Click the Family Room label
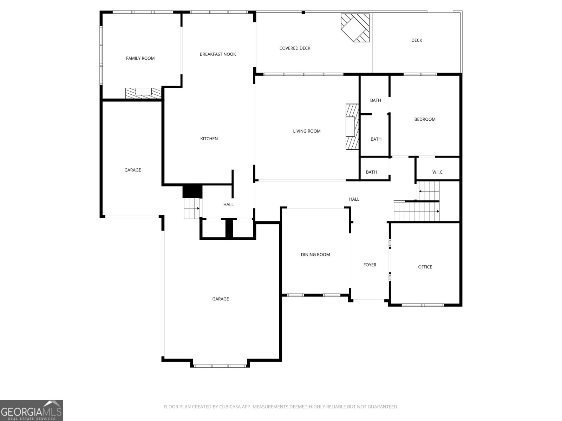(x=140, y=58)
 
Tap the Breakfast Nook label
(x=217, y=54)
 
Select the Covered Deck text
(x=295, y=48)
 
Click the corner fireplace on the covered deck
(x=355, y=27)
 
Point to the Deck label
(x=417, y=40)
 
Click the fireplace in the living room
(x=352, y=127)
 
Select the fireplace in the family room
(x=143, y=93)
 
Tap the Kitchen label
(x=209, y=139)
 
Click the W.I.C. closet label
(x=438, y=172)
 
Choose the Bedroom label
(x=425, y=119)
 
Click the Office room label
(x=425, y=267)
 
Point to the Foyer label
(x=370, y=265)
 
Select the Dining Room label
(x=315, y=255)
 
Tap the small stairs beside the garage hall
(x=191, y=208)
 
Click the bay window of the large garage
(x=220, y=366)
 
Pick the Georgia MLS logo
(x=31, y=410)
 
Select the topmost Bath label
(x=375, y=100)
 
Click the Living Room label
(x=307, y=131)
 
